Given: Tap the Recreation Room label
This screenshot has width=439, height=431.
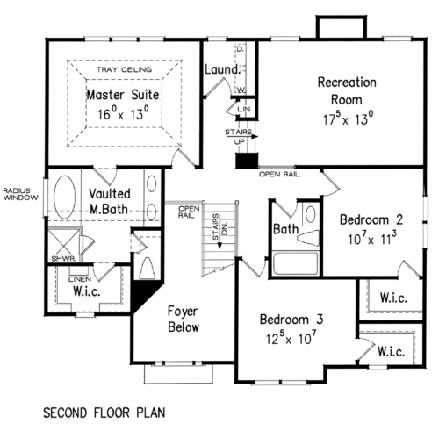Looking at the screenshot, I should pos(346,83).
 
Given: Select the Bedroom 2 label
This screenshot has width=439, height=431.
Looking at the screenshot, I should pos(371,219).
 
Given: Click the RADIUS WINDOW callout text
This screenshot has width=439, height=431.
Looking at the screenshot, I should pos(18,193).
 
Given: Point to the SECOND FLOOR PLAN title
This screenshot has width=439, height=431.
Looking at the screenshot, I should pos(103,411).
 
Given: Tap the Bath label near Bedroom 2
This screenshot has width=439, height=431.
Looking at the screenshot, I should pos(285,231).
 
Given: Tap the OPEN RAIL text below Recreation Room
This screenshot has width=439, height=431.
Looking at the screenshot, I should pos(280,175).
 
